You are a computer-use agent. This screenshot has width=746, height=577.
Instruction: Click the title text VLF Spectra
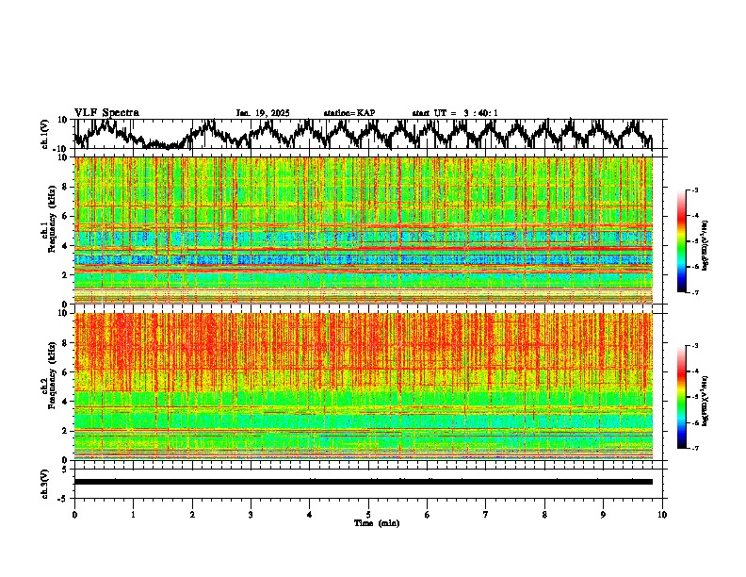[x=106, y=112]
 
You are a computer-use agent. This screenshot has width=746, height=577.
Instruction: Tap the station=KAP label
[x=349, y=113]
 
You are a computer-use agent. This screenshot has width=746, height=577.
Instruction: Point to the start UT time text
[x=455, y=113]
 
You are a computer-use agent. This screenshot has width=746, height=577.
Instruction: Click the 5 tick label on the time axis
[x=368, y=514]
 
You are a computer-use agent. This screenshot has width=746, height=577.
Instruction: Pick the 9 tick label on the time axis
[x=604, y=514]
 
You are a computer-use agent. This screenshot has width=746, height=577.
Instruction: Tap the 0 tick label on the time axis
[x=74, y=514]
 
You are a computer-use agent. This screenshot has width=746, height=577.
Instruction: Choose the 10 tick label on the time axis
[x=663, y=514]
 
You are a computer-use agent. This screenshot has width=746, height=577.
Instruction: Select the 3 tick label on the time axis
[x=251, y=514]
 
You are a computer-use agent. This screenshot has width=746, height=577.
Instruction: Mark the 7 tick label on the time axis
[x=486, y=514]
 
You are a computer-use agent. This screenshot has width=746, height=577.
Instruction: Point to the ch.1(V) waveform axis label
[x=45, y=134]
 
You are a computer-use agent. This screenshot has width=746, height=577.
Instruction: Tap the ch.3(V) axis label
[x=45, y=482]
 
